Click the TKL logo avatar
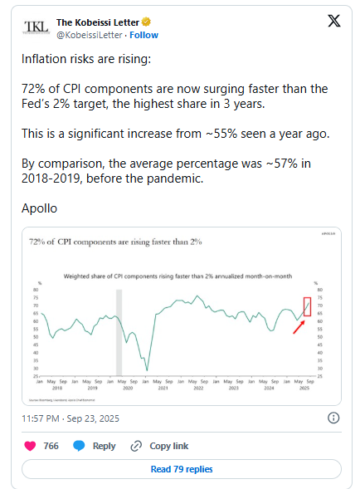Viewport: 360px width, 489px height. pos(36,28)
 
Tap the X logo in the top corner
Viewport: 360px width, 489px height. pos(333,22)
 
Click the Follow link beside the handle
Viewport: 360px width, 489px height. pos(144,36)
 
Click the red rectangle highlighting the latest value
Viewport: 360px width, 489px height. pos(308,306)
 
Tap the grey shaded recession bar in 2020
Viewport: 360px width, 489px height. pos(119,333)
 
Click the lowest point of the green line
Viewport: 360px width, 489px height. pos(147,369)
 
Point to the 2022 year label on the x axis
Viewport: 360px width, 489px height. pos(199,388)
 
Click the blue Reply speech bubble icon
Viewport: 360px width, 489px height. pos(80,446)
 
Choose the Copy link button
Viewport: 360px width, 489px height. pos(160,446)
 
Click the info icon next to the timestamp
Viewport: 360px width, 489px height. pos(334,418)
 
